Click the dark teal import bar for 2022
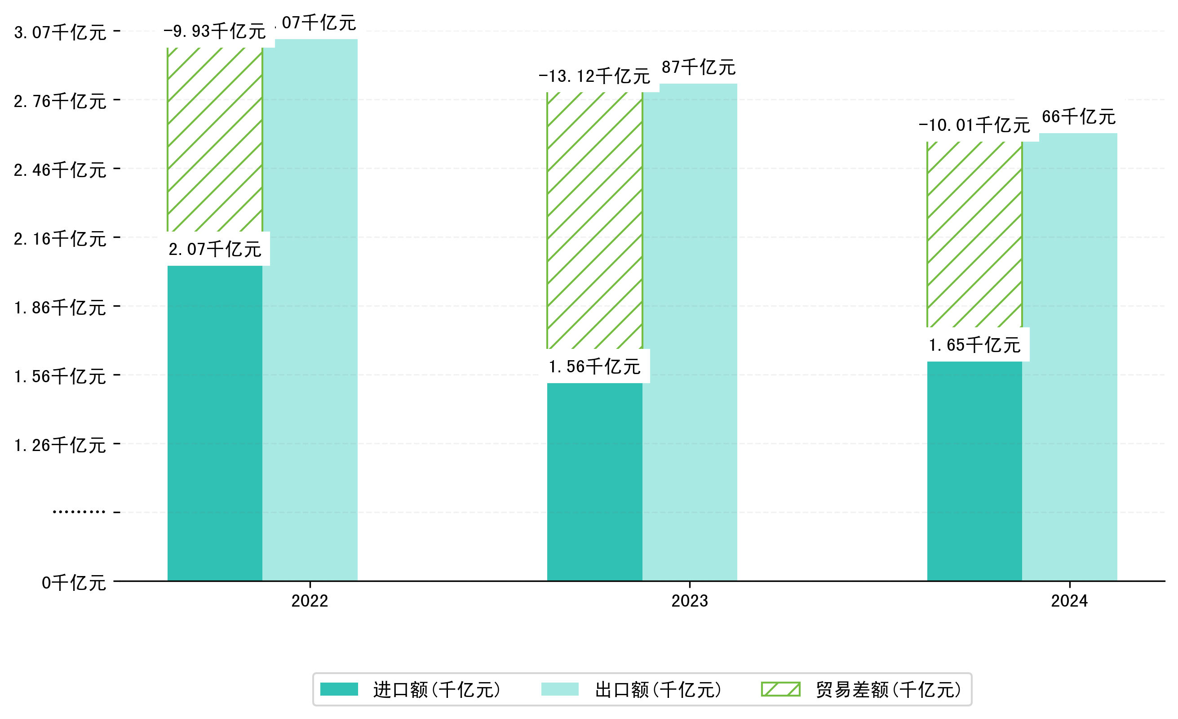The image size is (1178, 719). (215, 424)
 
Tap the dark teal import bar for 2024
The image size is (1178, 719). (974, 471)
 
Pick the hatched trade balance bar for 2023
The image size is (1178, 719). (594, 220)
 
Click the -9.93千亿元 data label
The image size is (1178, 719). (215, 31)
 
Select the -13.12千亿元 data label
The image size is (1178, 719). (594, 76)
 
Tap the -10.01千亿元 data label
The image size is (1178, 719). (974, 125)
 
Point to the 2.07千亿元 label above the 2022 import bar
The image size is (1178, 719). (215, 249)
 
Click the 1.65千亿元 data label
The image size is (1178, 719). (974, 345)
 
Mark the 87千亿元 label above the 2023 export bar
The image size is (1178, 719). (699, 67)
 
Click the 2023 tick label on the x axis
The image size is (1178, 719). (689, 601)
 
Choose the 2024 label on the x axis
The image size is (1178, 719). (1069, 601)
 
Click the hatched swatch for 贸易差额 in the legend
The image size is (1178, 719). (780, 689)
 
